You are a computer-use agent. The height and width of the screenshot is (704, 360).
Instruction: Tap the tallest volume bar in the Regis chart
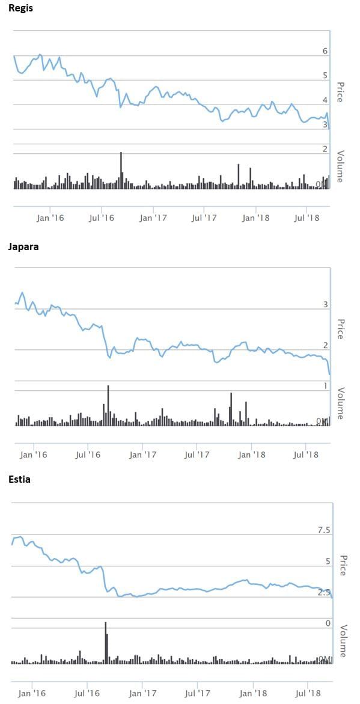tap(121, 170)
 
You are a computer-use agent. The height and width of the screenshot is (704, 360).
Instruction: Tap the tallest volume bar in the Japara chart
tap(108, 405)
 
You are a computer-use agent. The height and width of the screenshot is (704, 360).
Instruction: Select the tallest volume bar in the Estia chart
tap(105, 642)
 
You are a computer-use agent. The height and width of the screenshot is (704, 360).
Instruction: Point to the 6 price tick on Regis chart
tap(325, 52)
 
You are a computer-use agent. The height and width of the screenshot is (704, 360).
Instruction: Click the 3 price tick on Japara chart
tap(325, 305)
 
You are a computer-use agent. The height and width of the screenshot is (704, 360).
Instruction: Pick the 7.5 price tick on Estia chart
tap(323, 530)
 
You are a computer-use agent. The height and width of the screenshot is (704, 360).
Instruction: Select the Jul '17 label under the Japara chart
tap(196, 455)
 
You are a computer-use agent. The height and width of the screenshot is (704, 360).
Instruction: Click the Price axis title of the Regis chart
tap(340, 92)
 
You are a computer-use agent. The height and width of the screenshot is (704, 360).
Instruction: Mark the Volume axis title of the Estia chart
tap(343, 641)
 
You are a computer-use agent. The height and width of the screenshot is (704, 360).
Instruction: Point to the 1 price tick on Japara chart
tap(325, 386)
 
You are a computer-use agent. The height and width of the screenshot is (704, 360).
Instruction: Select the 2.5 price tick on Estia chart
tap(323, 593)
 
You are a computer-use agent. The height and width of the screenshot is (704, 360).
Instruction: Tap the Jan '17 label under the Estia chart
tap(142, 693)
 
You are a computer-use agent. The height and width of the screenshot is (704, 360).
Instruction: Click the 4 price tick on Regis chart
tap(325, 100)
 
